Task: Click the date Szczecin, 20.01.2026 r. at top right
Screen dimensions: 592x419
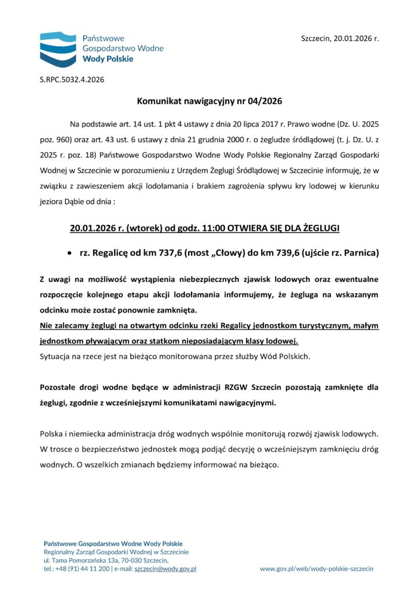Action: click(340, 39)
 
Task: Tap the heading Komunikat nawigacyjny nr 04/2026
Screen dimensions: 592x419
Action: click(209, 102)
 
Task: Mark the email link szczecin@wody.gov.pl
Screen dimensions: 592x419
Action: click(165, 569)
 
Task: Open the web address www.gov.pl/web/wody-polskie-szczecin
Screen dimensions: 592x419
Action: click(317, 569)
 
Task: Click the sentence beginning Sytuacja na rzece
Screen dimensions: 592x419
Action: click(175, 356)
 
